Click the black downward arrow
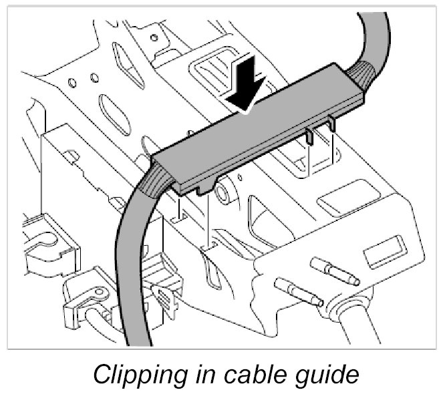click(x=247, y=83)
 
